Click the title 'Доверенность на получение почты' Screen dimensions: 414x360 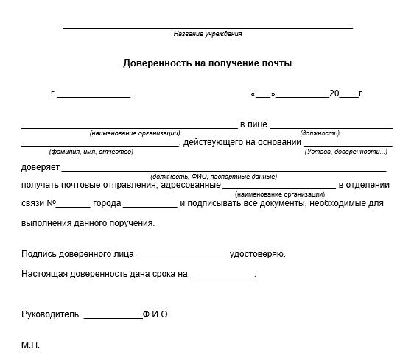click(207, 63)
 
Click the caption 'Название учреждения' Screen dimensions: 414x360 click(207, 34)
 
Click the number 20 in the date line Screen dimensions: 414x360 click(334, 93)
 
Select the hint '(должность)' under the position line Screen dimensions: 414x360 click(320, 133)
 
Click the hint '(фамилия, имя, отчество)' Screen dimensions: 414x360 click(91, 152)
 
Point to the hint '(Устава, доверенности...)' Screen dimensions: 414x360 click(345, 152)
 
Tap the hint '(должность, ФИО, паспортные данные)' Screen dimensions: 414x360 click(213, 177)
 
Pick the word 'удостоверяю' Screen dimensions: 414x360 click(257, 255)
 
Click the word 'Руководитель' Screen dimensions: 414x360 click(50, 314)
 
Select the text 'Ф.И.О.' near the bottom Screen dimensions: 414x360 click(156, 314)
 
